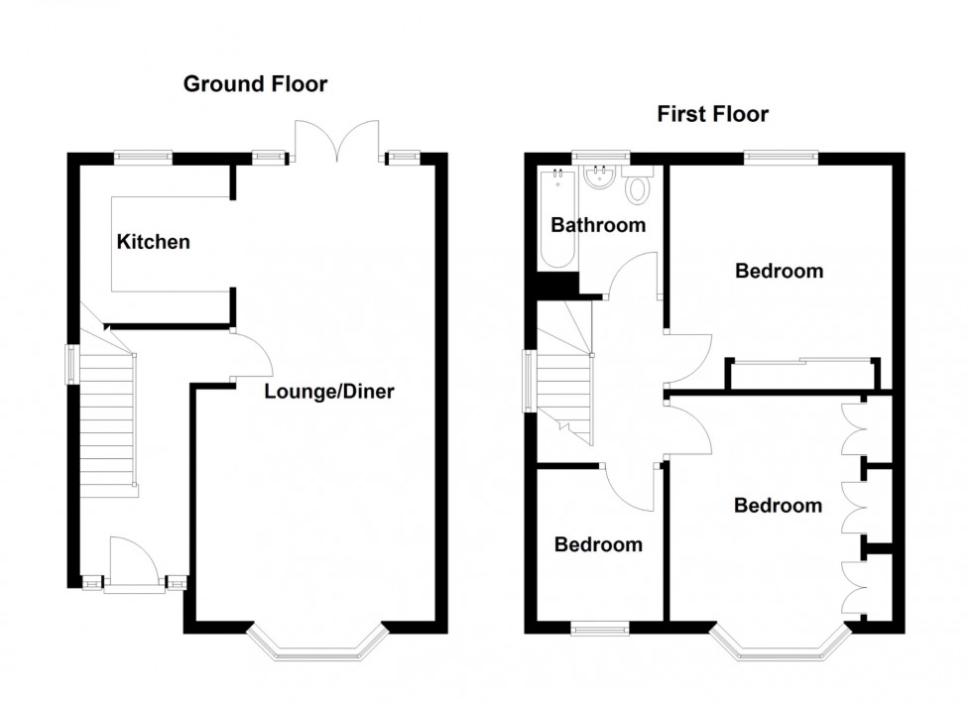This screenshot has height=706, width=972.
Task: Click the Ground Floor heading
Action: (x=255, y=84)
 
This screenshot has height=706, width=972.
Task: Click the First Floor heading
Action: (x=712, y=115)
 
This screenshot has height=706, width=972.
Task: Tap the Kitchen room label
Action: (x=154, y=242)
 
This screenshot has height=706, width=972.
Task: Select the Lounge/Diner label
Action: (x=329, y=392)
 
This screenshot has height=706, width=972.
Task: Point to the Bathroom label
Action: (x=598, y=225)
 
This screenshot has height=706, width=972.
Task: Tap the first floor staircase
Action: (x=563, y=377)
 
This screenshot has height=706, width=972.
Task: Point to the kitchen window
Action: (x=144, y=156)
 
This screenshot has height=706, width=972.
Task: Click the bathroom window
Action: (x=600, y=156)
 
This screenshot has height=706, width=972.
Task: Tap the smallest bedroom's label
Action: (x=598, y=544)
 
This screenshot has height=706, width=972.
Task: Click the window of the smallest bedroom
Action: (x=600, y=626)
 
